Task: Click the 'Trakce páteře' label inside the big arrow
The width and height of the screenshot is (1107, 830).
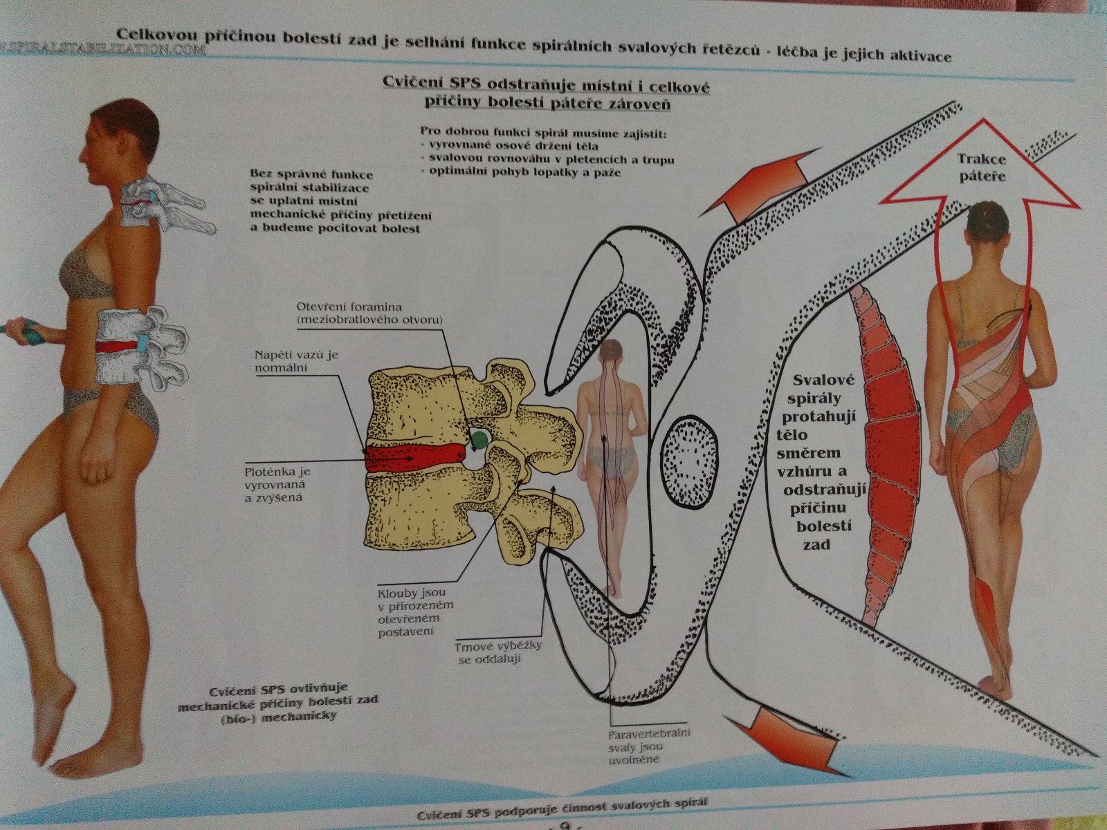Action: tap(981, 168)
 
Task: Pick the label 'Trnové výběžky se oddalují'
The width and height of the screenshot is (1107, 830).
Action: tap(497, 652)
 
